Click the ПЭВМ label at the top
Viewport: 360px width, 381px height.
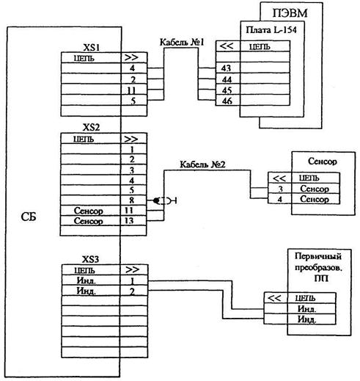point(290,13)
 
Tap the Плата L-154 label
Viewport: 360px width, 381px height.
point(271,30)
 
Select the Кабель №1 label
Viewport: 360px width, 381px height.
point(182,42)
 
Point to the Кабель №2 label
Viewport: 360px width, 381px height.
point(202,164)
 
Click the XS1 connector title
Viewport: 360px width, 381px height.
point(92,47)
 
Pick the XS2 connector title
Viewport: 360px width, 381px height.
point(91,128)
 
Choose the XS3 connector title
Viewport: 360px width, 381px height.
point(90,259)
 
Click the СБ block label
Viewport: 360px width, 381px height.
point(29,217)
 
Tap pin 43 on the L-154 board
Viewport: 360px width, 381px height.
point(226,68)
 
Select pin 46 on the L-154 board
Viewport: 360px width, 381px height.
point(227,101)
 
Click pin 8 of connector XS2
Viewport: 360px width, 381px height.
point(132,200)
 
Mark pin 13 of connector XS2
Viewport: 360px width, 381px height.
point(129,221)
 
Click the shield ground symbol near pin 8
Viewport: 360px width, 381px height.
point(165,201)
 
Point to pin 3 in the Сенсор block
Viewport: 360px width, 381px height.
point(281,189)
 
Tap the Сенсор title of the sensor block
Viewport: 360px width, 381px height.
point(323,162)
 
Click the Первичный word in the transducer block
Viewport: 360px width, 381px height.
point(318,256)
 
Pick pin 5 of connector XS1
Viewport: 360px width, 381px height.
point(133,101)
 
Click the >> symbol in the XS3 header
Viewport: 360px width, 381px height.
point(132,269)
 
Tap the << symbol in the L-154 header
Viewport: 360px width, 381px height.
point(227,46)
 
